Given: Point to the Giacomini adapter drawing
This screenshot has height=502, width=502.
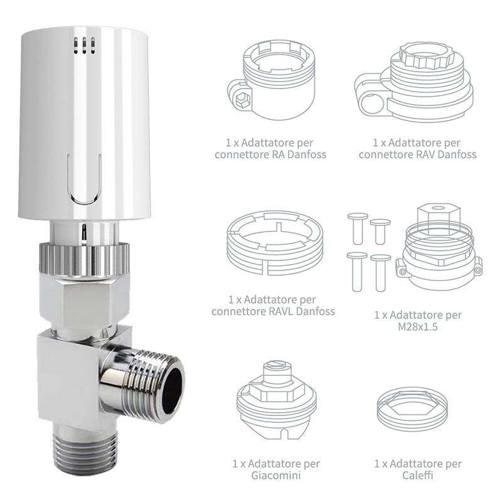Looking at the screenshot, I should coord(276,402).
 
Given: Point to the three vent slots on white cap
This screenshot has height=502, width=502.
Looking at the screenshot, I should coord(83,43).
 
